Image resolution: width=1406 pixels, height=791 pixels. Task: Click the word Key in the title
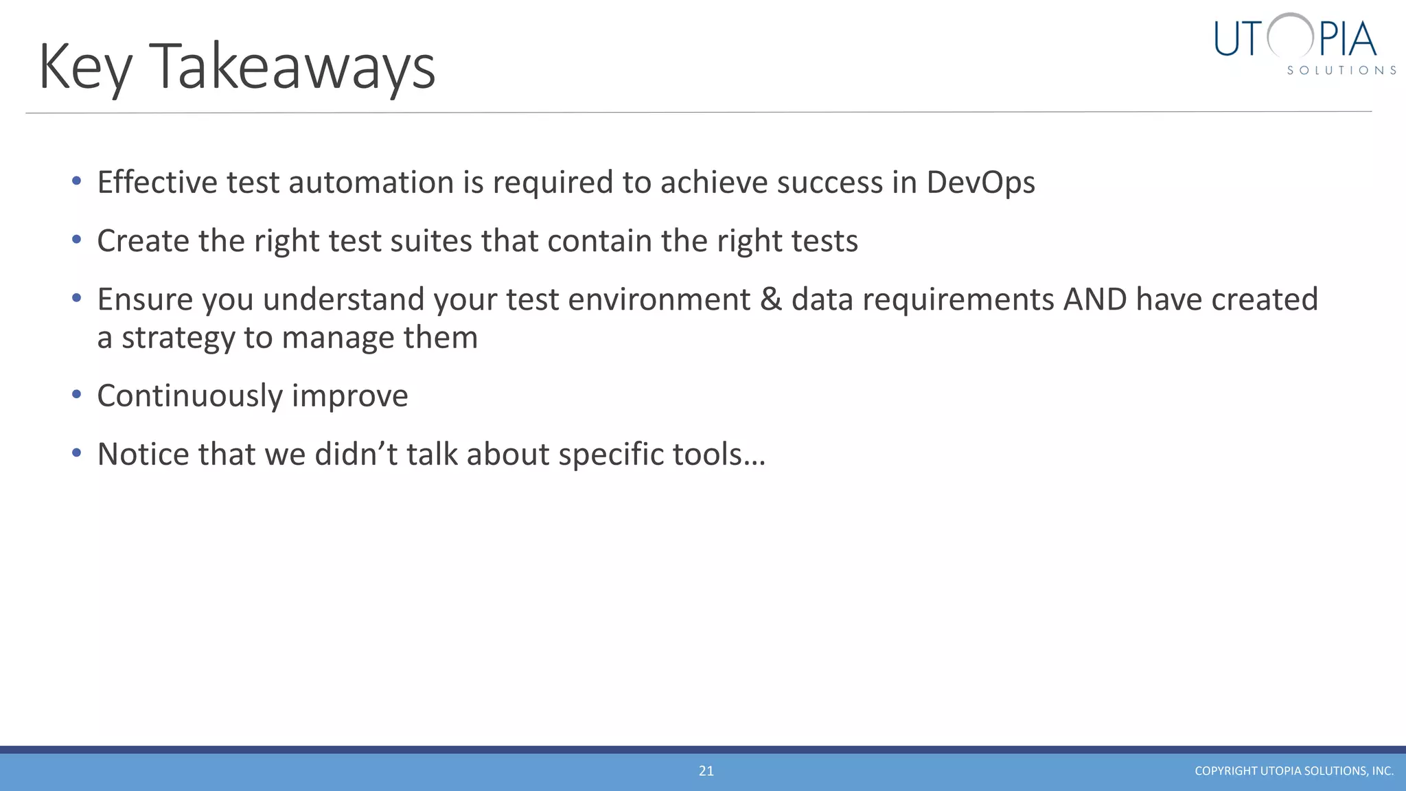pyautogui.click(x=85, y=67)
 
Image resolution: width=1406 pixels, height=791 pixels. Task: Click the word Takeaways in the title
pyautogui.click(x=292, y=67)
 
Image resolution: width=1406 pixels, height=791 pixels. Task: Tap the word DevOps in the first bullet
pyautogui.click(x=980, y=183)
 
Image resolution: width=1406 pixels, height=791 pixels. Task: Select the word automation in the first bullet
pyautogui.click(x=371, y=183)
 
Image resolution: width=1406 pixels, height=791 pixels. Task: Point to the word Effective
pyautogui.click(x=157, y=183)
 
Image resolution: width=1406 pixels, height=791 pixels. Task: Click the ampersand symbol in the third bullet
pyautogui.click(x=771, y=299)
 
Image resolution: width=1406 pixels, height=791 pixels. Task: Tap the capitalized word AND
pyautogui.click(x=1095, y=299)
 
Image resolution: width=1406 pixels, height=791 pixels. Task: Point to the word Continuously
pyautogui.click(x=189, y=396)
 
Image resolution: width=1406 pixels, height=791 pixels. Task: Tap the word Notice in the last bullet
pyautogui.click(x=143, y=455)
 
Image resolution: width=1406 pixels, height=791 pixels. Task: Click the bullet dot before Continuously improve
pyautogui.click(x=77, y=395)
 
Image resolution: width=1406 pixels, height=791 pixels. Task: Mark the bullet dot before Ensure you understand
pyautogui.click(x=77, y=298)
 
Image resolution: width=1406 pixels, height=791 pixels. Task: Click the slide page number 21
pyautogui.click(x=706, y=771)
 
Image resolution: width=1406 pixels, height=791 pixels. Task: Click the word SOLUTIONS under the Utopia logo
pyautogui.click(x=1341, y=71)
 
